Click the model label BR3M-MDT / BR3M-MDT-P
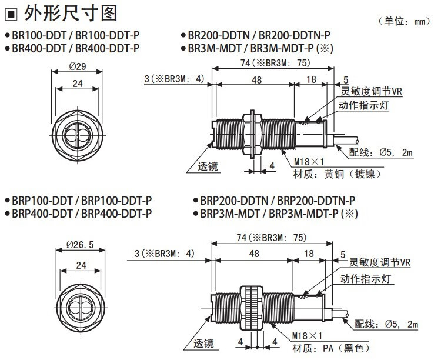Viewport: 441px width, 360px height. click(258, 48)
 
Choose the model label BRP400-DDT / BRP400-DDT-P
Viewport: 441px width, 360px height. click(82, 213)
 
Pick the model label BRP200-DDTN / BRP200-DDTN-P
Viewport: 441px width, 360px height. click(278, 200)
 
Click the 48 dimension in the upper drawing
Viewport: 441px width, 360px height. click(255, 79)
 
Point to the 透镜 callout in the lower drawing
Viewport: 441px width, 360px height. click(205, 344)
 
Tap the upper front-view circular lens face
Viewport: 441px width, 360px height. click(77, 136)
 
